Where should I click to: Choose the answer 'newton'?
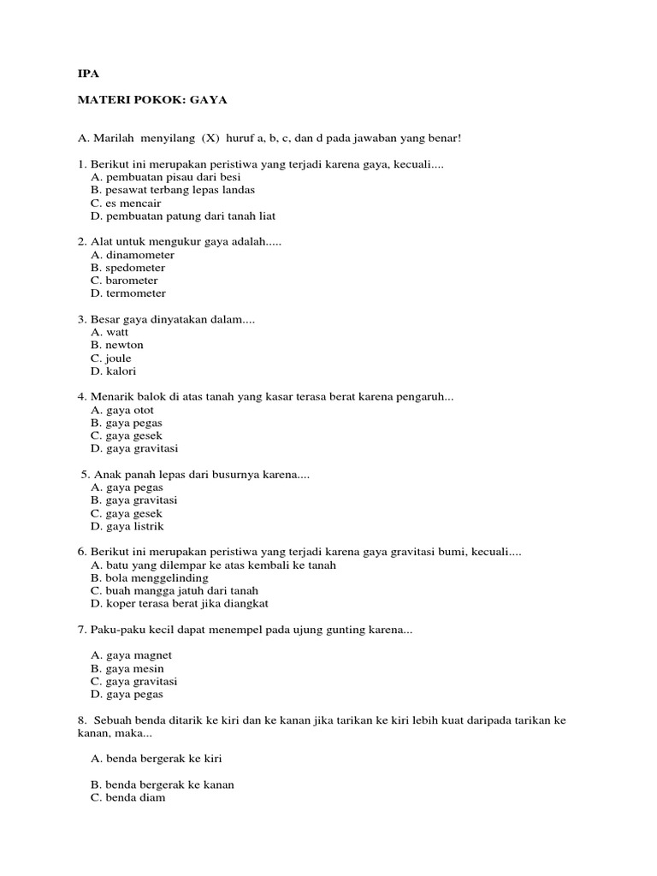point(125,345)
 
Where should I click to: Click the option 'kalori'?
point(121,371)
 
